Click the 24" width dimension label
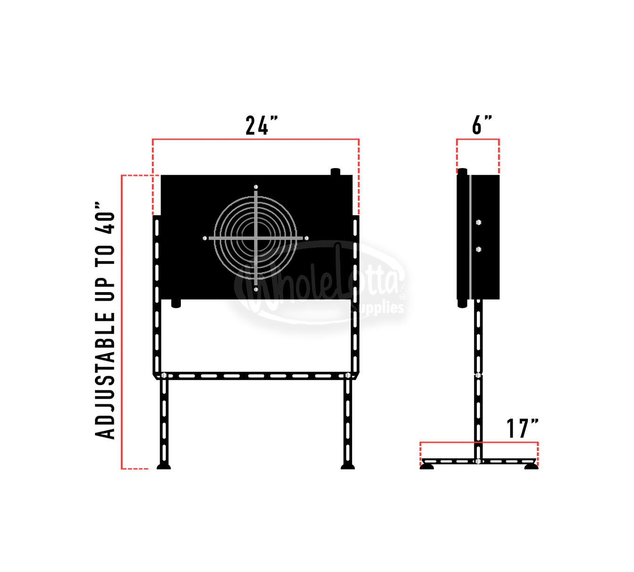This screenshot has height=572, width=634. [x=262, y=126]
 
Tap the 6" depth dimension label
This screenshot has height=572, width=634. [x=482, y=125]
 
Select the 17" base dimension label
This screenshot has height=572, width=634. [x=523, y=429]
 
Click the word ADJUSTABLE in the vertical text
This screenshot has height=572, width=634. [x=105, y=376]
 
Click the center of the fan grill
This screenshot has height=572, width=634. [x=255, y=238]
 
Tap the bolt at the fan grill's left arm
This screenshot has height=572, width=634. [x=205, y=238]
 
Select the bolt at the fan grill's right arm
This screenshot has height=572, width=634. [x=306, y=238]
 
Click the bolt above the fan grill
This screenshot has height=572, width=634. [x=256, y=187]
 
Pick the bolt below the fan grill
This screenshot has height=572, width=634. [x=256, y=289]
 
